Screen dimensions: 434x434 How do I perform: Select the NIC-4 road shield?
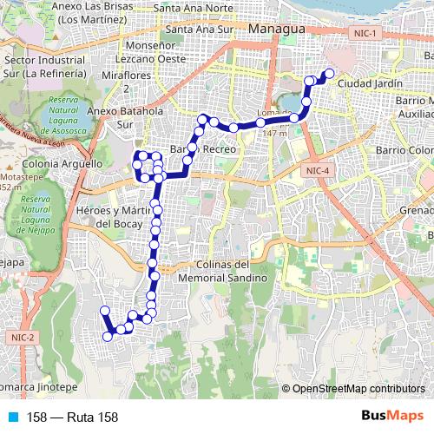click(318, 171)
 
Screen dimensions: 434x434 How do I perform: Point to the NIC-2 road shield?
click(23, 337)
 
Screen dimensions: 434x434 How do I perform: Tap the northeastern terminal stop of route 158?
click(328, 74)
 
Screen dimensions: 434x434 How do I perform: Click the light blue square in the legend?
click(10, 418)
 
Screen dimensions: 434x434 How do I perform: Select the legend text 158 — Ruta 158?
click(73, 418)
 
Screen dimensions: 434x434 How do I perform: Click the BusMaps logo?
click(391, 417)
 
